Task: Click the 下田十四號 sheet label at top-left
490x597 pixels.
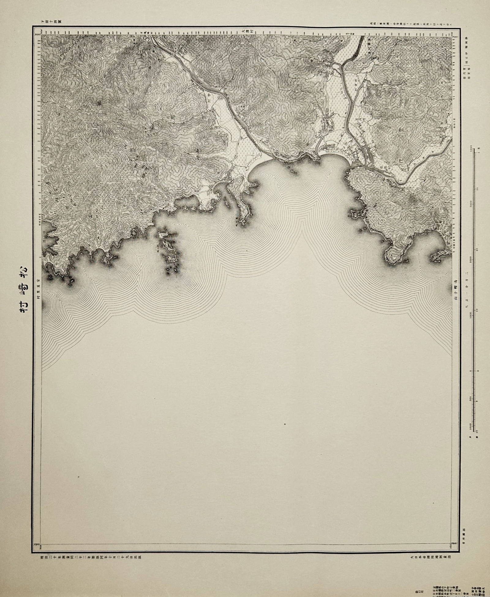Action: click(x=51, y=22)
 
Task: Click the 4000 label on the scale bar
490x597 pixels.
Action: click(x=471, y=150)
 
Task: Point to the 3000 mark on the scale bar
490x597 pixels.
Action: click(x=471, y=204)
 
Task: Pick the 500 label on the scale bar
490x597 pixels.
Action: click(x=471, y=399)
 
